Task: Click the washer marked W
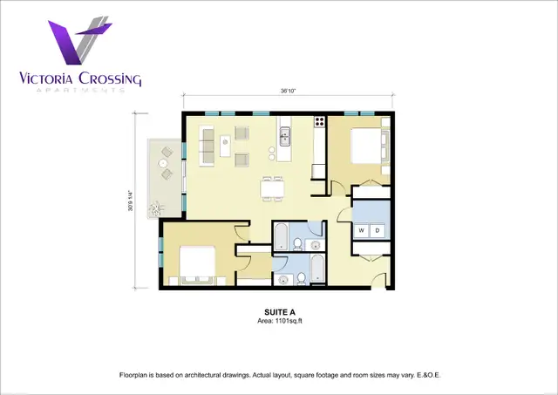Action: coord(361,230)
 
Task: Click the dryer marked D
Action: coord(378,230)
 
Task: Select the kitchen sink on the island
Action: coord(284,137)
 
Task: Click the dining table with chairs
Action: coord(273,187)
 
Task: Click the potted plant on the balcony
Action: coord(158,208)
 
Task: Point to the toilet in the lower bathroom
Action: coord(301,278)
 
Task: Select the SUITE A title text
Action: coord(281,311)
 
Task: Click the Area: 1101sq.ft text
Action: coord(281,320)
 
